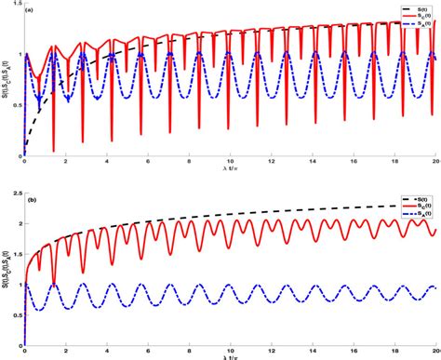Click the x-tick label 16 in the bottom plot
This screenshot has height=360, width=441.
coord(354,352)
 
